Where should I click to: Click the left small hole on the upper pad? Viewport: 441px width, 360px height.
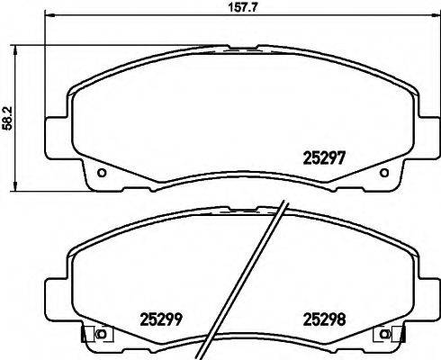click(x=101, y=173)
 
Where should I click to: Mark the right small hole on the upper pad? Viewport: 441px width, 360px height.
click(x=385, y=173)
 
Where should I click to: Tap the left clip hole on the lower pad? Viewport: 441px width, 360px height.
click(x=101, y=335)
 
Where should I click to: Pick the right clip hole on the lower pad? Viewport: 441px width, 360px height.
click(x=385, y=335)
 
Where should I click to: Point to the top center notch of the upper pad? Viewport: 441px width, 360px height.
click(x=243, y=49)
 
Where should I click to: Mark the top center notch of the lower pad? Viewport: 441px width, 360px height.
click(x=243, y=211)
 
